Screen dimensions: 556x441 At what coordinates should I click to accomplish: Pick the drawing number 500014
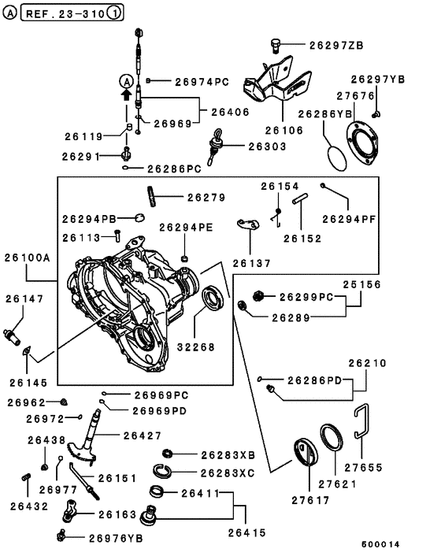point(381,544)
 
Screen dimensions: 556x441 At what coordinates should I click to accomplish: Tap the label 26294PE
point(187,227)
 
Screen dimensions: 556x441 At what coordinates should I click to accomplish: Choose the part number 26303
point(269,146)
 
